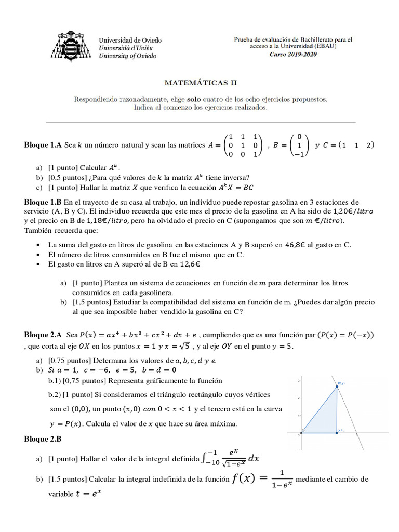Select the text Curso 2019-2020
[x=293, y=54]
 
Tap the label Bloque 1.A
[x=43, y=145]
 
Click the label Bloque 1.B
[x=43, y=202]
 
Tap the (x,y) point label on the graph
[x=341, y=383]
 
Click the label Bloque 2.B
[x=43, y=439]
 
